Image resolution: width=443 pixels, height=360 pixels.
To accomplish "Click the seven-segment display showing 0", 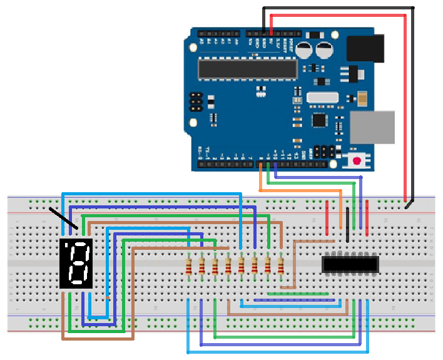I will pos(76,263).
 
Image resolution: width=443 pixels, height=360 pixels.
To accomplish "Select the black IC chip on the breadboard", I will pos(350,264).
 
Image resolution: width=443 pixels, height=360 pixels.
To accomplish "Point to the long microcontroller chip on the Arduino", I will pos(248,69).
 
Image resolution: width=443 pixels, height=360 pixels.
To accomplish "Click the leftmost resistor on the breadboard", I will pos(188,267).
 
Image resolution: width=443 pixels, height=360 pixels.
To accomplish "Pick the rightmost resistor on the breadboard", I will pos(281,266).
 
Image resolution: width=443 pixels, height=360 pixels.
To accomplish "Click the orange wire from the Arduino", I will pos(300,190).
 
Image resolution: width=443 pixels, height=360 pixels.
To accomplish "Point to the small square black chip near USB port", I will pos(320,120).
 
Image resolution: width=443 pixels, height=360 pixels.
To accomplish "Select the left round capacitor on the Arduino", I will pos(305,50).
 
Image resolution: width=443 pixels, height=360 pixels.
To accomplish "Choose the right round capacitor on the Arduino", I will pos(325,50).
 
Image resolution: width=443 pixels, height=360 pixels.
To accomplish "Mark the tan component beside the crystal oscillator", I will pos(362,97).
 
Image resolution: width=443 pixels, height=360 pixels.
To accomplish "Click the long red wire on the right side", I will pos(407,106).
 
